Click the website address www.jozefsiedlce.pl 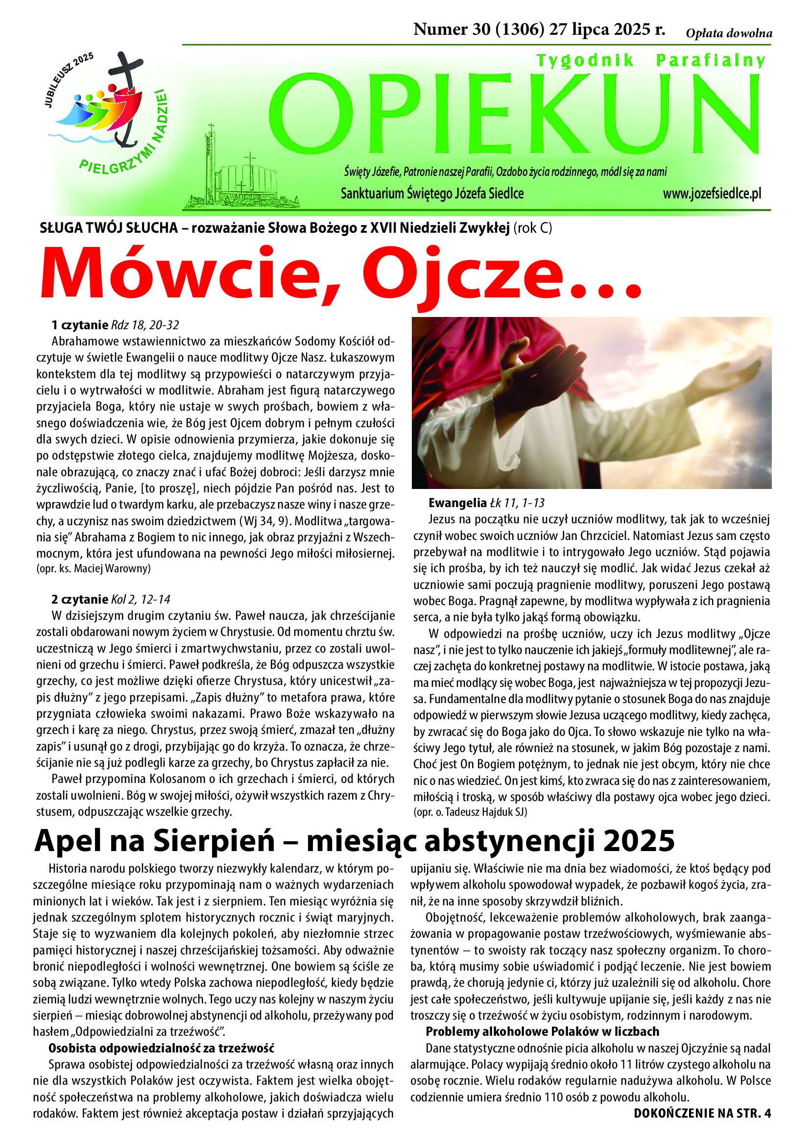(712, 194)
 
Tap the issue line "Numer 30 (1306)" (479, 30)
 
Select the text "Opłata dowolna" (729, 34)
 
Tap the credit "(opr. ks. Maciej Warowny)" (94, 568)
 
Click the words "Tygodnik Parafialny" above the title (650, 60)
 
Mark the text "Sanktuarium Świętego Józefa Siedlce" (432, 194)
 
